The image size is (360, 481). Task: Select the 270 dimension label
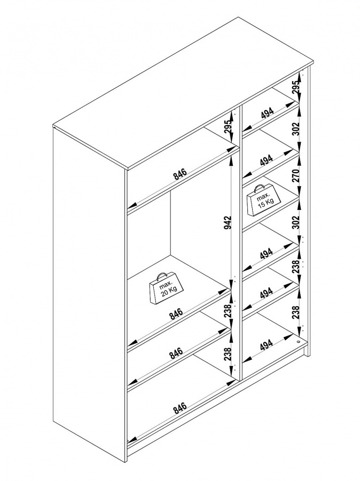pos(295,175)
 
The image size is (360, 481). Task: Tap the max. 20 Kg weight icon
pos(166,289)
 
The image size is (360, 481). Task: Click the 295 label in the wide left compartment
pos(228,126)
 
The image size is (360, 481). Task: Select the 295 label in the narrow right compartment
pos(295,88)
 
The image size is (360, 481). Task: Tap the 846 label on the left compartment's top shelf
pos(180,174)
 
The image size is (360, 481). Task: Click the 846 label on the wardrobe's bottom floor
pos(180,408)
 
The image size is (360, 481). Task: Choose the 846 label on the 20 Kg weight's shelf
pos(176,314)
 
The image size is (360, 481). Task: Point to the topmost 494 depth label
pos(268,113)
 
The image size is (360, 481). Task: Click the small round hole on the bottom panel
pos(299,340)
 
